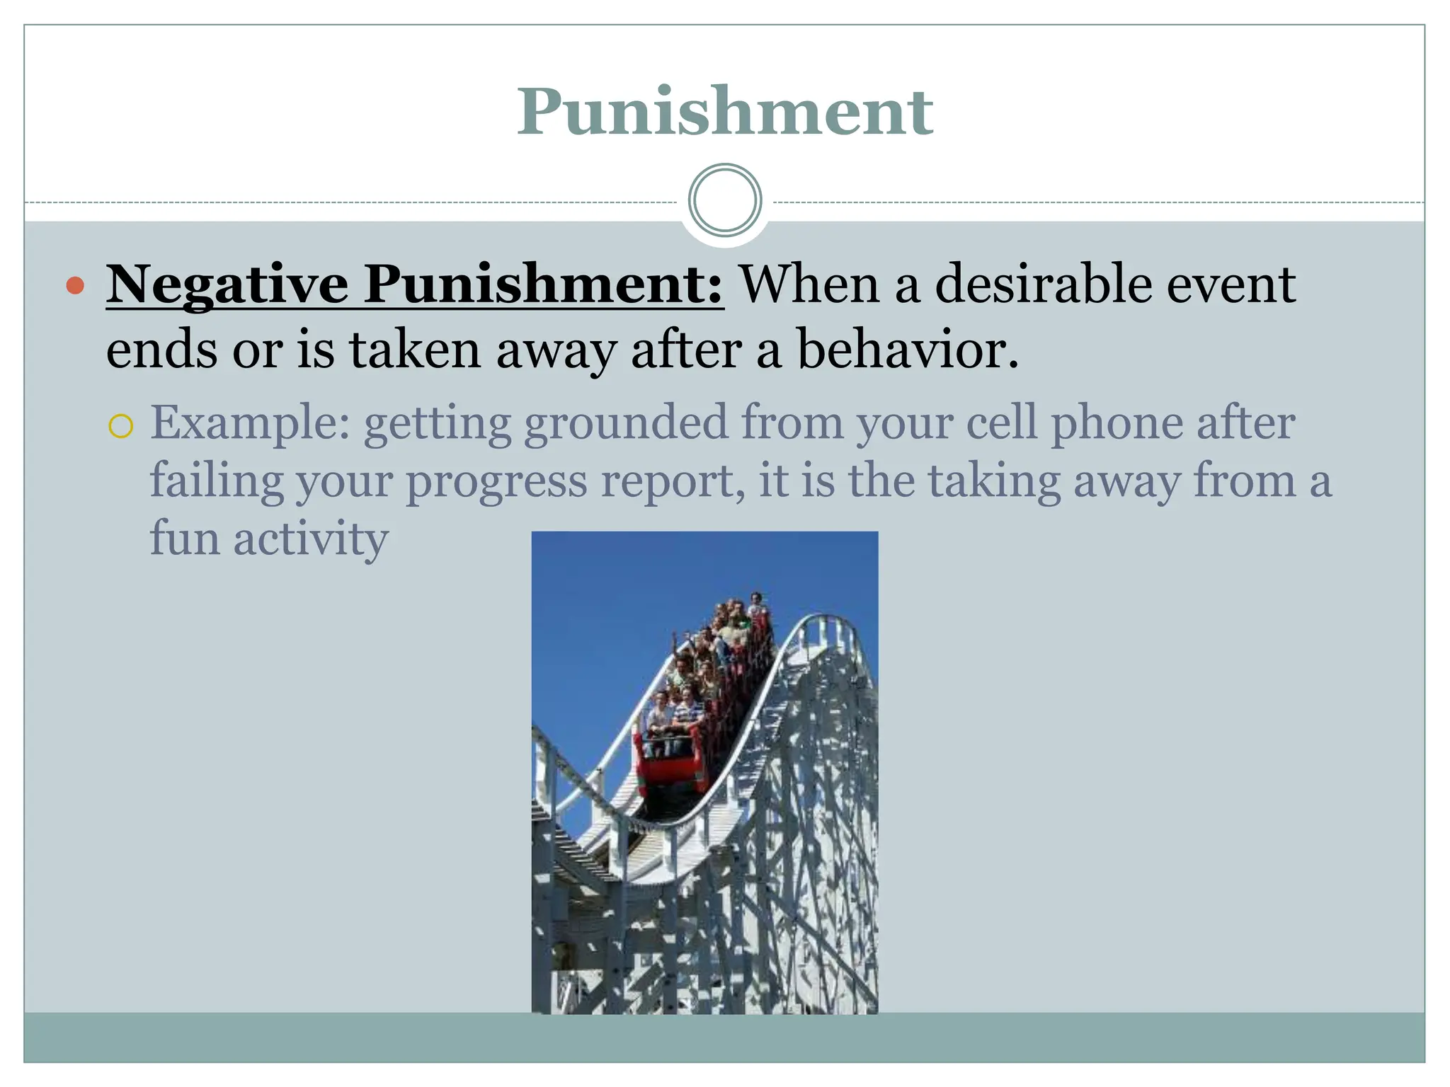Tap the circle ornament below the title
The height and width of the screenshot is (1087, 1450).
pos(724,200)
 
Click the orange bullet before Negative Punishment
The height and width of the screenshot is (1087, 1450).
pos(75,286)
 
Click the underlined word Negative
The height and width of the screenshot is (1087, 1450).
pos(227,284)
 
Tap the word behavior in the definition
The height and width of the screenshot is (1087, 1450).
pos(908,350)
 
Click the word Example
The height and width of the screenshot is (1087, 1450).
pos(250,423)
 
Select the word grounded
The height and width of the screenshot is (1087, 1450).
pos(626,423)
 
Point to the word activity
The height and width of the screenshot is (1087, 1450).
pos(311,539)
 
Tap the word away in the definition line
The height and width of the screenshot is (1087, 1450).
pos(555,350)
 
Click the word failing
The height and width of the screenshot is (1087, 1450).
pos(217,481)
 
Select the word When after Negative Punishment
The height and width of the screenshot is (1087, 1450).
pos(809,284)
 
